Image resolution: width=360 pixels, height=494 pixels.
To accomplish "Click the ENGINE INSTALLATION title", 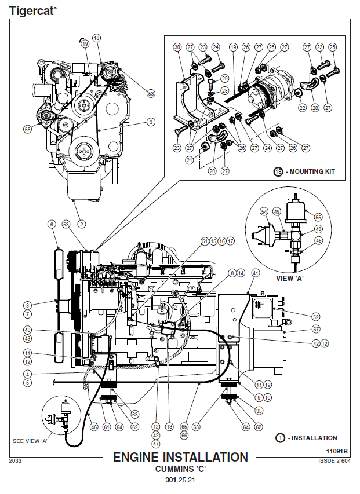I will (180, 458).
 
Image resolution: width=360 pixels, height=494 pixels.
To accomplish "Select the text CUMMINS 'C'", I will (180, 469).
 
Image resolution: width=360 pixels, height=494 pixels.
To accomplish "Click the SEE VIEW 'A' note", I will (30, 441).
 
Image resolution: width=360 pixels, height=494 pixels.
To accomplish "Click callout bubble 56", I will (27, 130).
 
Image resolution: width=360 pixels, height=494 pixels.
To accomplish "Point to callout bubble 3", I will (151, 122).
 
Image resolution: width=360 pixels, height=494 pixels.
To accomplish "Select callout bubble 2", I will (82, 224).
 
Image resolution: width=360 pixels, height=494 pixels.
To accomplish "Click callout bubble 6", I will (52, 224).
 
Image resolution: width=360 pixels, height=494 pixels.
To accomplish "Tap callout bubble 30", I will (177, 47).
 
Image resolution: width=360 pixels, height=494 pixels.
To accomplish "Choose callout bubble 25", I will (332, 47).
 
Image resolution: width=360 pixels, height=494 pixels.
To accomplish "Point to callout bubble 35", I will (259, 411).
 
